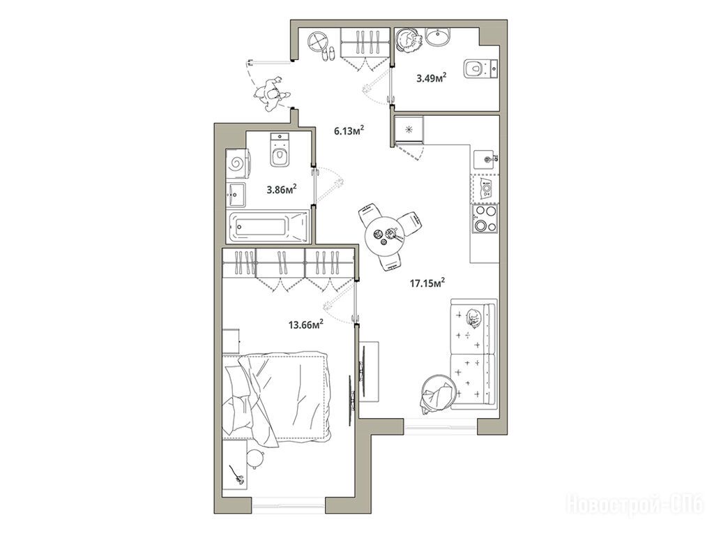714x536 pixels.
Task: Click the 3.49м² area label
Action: pos(431,78)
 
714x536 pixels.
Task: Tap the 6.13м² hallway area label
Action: pos(349,131)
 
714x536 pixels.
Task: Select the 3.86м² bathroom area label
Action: pos(282,188)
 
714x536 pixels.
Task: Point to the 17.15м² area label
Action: pos(427,283)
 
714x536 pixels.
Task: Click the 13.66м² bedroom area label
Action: pos(306,325)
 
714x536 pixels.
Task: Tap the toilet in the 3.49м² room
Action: pos(481,69)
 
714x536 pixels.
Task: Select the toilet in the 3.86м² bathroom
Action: pos(279,149)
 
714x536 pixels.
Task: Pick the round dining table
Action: pos(385,236)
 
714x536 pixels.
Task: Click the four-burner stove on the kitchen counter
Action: pos(485,218)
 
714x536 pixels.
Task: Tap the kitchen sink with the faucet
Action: pos(486,158)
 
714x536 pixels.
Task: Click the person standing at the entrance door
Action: pos(271,94)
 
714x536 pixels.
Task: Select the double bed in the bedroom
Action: pos(278,396)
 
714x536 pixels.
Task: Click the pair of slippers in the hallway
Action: pos(328,54)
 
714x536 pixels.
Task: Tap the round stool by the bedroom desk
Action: pos(255,458)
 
